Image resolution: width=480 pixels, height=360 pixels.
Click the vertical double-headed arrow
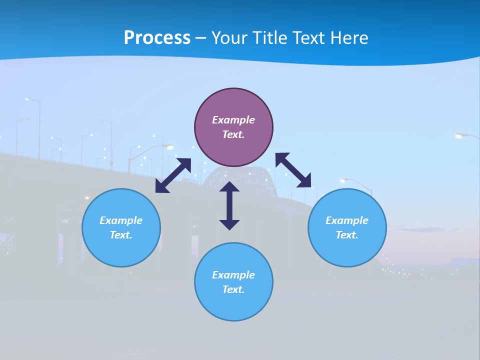tap(229, 205)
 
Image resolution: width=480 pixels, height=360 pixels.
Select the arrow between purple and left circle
tap(173, 175)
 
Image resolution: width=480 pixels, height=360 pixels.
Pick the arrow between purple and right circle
tap(293, 170)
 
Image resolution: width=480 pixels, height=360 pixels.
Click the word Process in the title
tap(157, 38)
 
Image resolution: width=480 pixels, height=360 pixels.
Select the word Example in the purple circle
tap(233, 120)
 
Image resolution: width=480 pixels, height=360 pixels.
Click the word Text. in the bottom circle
tap(233, 289)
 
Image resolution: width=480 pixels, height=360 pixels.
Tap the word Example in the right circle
tap(347, 220)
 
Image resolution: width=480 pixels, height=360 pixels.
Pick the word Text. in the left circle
tap(121, 235)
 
